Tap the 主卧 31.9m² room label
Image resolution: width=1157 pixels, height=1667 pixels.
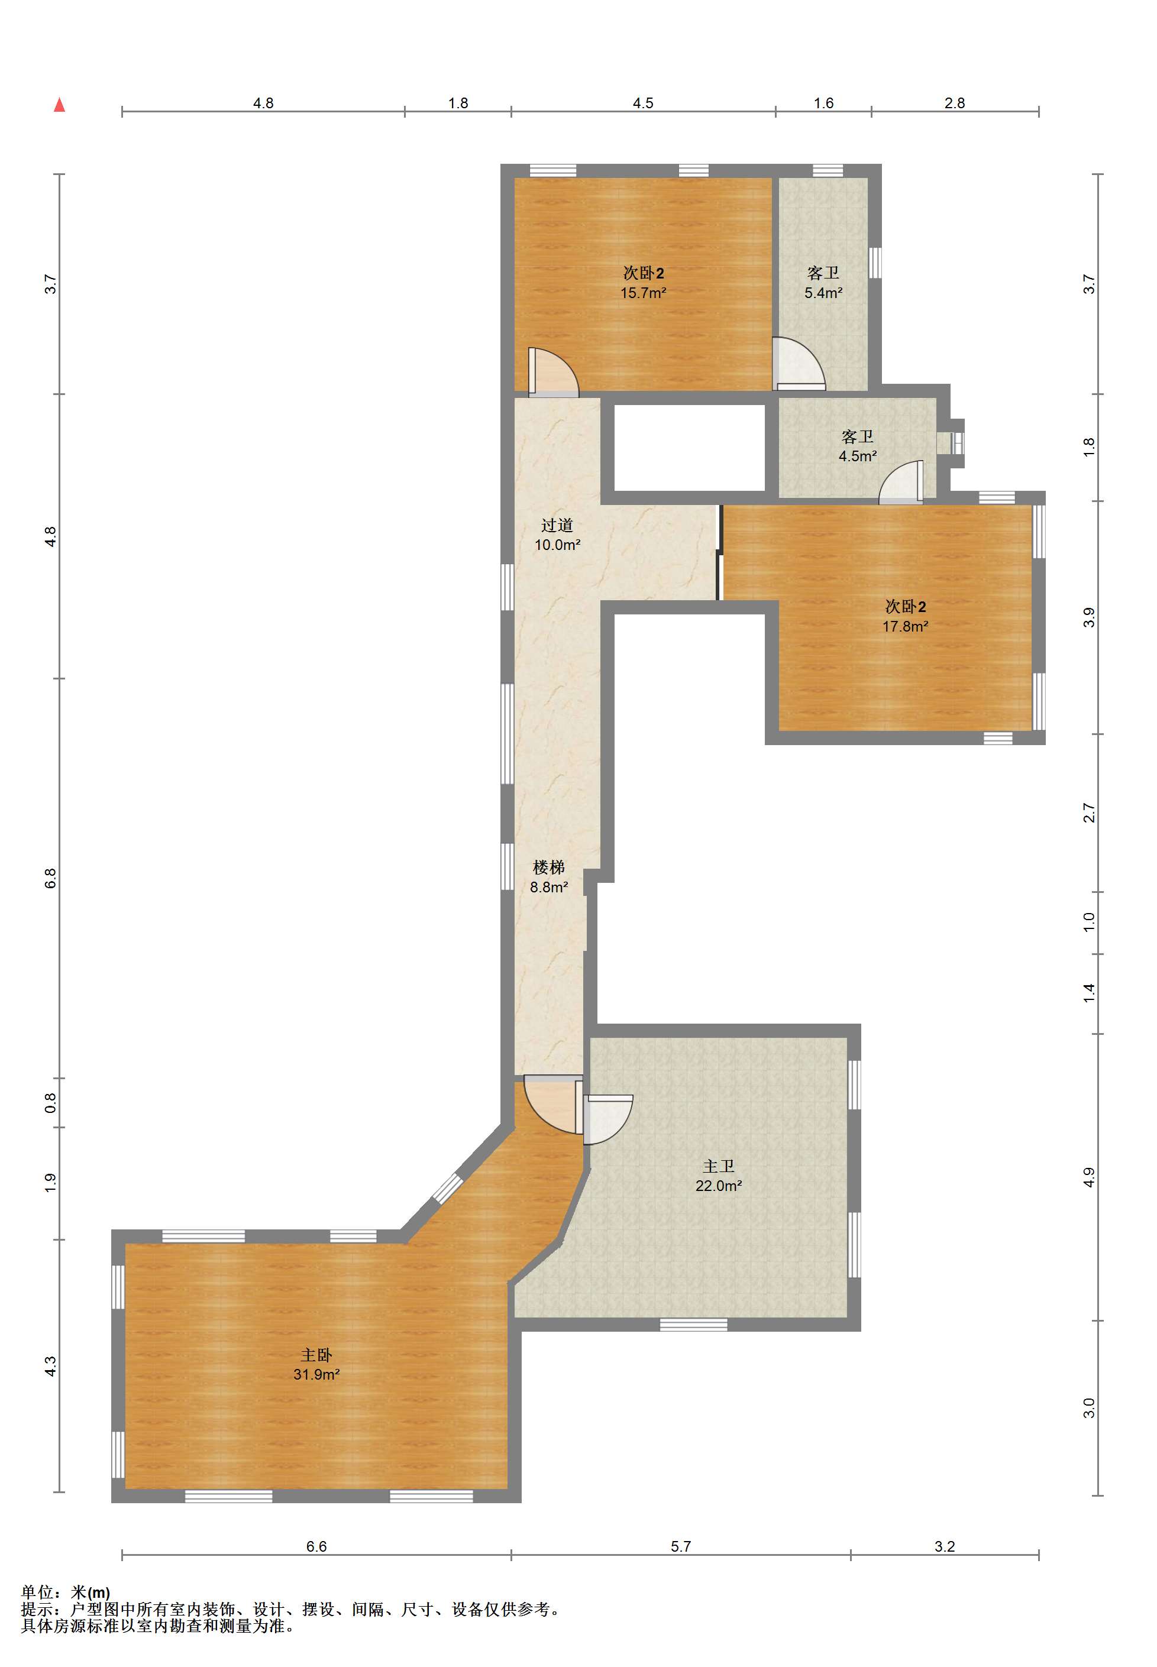click(317, 1364)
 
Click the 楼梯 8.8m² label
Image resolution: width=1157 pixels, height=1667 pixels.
click(549, 876)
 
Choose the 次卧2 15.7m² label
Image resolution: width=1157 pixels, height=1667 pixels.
click(643, 283)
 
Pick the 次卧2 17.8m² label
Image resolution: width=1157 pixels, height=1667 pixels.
click(906, 616)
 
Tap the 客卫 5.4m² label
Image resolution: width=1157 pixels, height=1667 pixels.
click(823, 283)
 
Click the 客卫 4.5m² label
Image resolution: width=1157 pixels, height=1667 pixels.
click(858, 446)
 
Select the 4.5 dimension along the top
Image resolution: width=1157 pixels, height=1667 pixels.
click(643, 103)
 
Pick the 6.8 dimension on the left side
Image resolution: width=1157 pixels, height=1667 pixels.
click(50, 878)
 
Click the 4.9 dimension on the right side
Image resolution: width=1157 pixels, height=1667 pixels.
click(1090, 1178)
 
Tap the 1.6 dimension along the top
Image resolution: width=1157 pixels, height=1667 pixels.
click(823, 103)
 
